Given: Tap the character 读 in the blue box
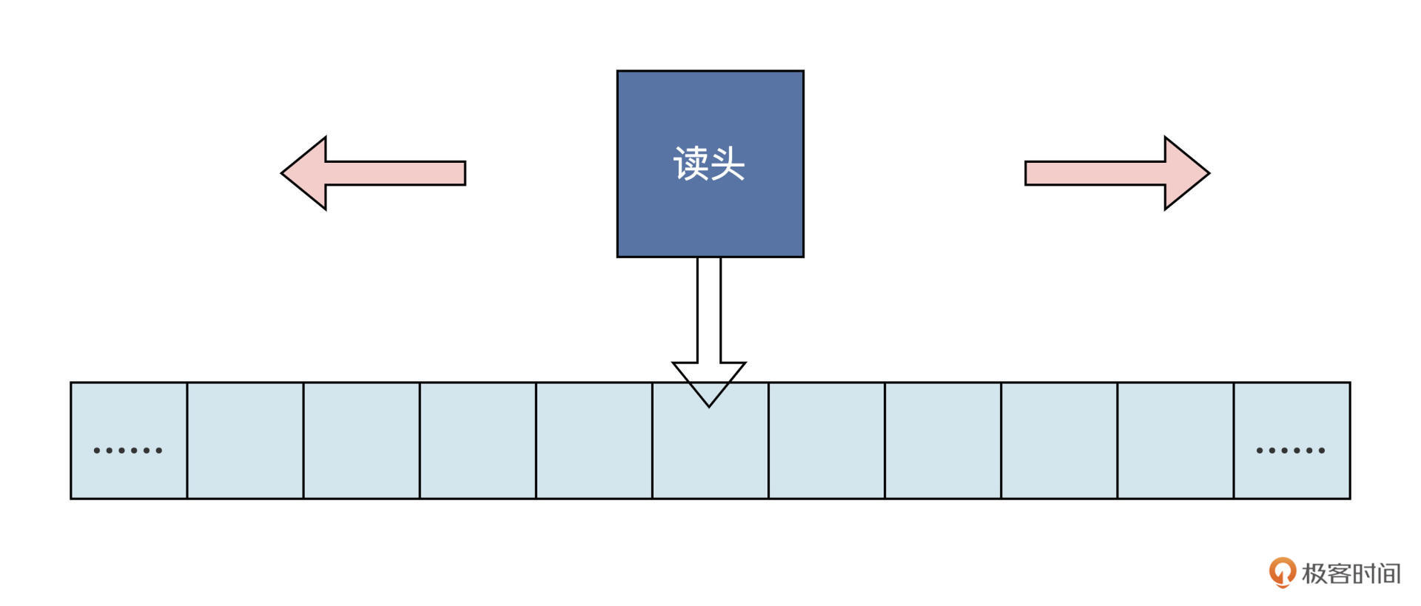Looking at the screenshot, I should (x=691, y=164).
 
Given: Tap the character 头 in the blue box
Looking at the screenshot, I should (x=728, y=164).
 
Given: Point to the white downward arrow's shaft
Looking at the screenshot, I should (x=709, y=311).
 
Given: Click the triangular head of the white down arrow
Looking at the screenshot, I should (x=709, y=381).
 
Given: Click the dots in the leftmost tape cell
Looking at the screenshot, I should (x=128, y=450).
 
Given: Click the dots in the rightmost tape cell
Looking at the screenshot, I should (x=1291, y=450).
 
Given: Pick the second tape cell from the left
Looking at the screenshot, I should (x=245, y=441).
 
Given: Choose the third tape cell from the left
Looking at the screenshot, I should (x=361, y=441).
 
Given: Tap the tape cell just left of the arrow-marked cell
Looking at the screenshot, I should (x=594, y=441).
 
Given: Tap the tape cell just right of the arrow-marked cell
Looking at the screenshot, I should (x=826, y=441).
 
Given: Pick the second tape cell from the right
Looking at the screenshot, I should (x=1175, y=441).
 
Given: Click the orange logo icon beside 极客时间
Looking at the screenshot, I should (x=1282, y=572).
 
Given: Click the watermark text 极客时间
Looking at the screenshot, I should (x=1351, y=573).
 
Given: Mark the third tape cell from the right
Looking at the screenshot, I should (x=1059, y=441).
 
